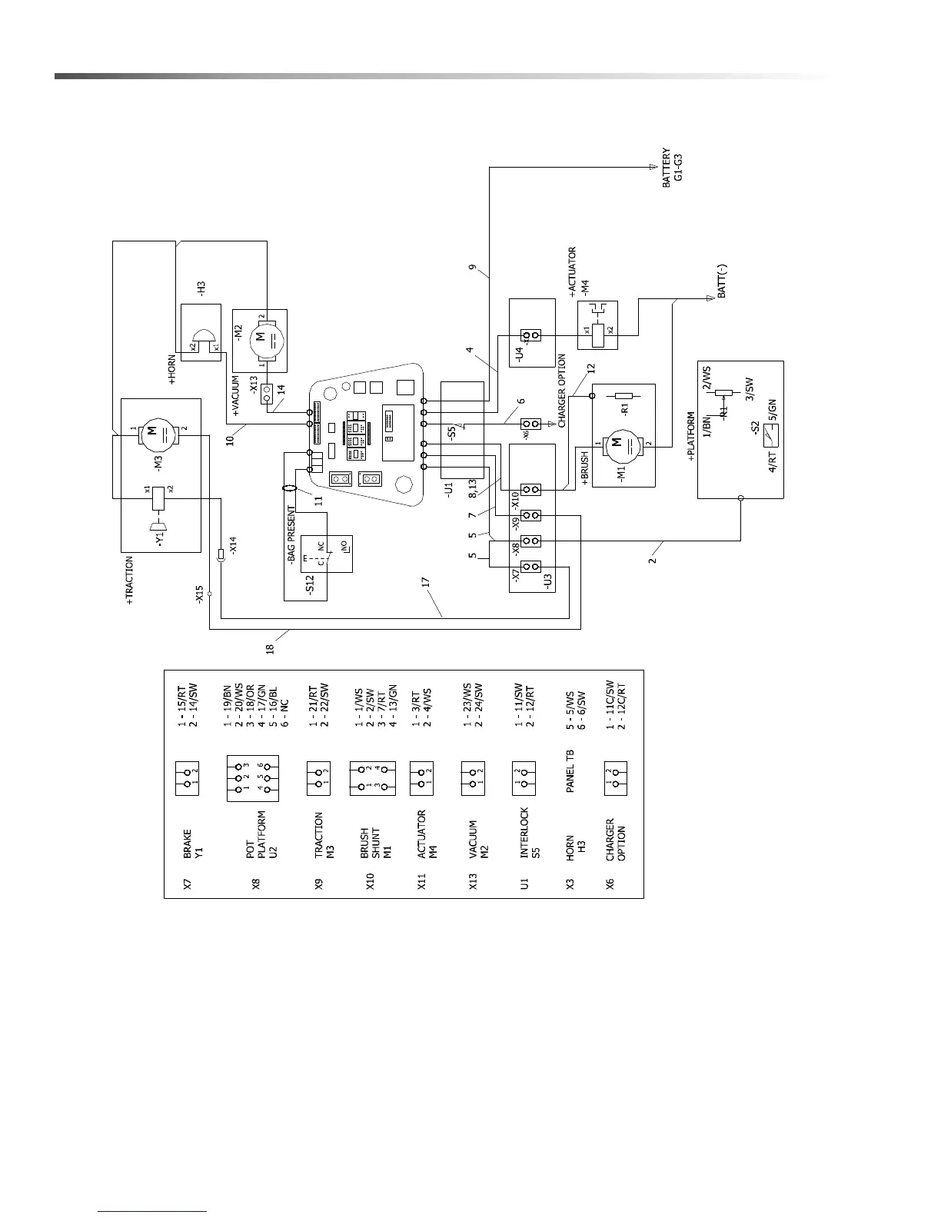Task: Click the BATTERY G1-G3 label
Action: click(672, 165)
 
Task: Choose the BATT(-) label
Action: click(721, 281)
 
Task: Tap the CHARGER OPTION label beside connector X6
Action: click(563, 391)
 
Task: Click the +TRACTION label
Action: click(130, 581)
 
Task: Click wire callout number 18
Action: click(270, 648)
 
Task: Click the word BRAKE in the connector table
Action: click(188, 843)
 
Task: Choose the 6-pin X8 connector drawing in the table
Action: click(252, 777)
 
